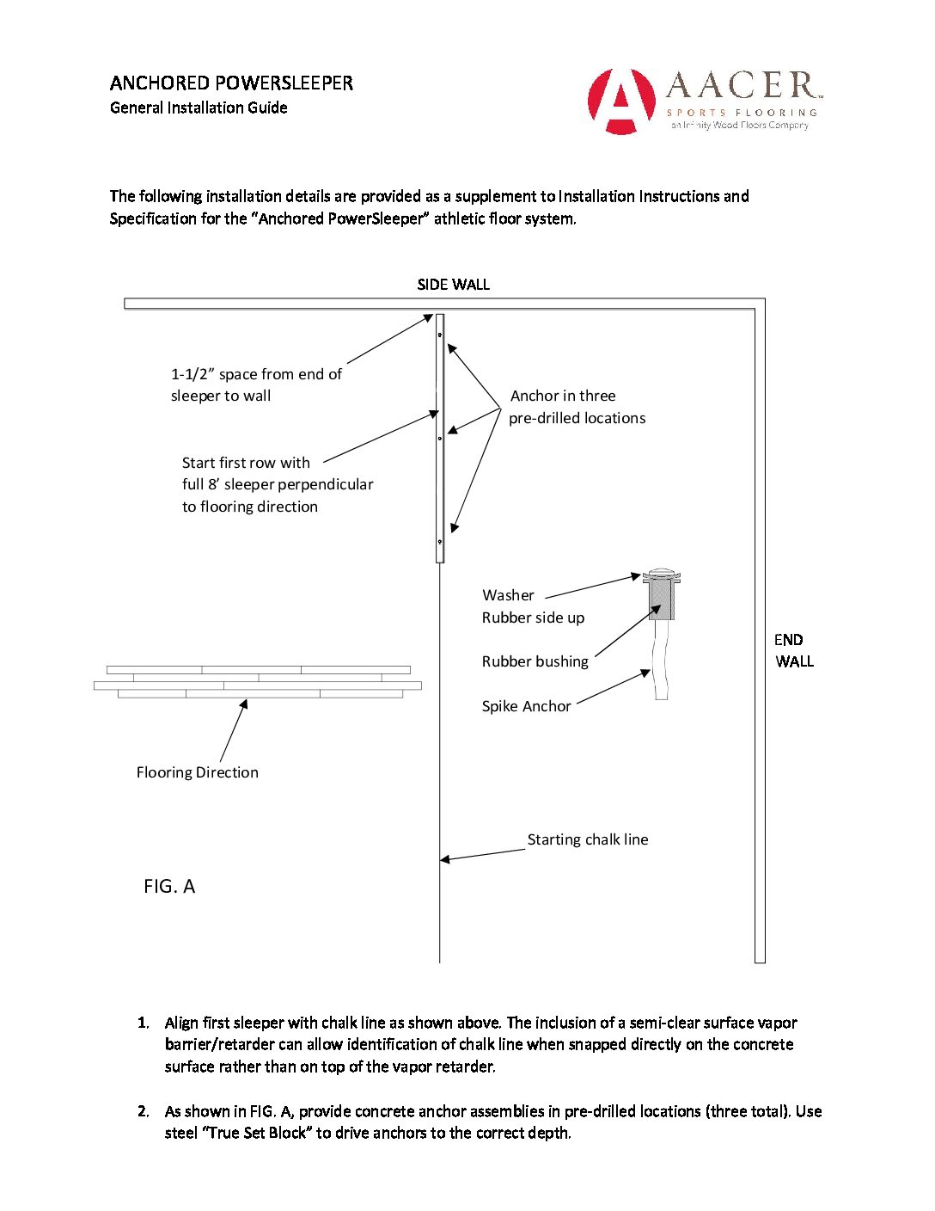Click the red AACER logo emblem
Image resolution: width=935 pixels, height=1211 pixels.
(620, 101)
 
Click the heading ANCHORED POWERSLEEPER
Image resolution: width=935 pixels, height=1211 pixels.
(231, 83)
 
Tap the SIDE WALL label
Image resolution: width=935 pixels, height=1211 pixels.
(453, 285)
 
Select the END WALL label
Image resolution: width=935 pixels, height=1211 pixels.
(792, 650)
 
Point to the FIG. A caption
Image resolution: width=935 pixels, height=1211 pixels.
(169, 887)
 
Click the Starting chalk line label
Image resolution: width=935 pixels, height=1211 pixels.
(588, 839)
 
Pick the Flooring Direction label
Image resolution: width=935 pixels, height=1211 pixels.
(197, 772)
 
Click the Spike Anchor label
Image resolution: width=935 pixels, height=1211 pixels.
(526, 706)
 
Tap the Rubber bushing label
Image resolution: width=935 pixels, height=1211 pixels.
(535, 661)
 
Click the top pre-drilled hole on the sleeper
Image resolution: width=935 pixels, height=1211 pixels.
(439, 335)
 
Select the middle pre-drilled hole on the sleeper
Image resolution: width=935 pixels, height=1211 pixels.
(440, 438)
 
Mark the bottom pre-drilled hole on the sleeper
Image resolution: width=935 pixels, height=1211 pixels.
(440, 542)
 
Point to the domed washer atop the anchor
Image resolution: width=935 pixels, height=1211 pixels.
(661, 575)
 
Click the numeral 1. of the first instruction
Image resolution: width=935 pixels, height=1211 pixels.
(143, 1023)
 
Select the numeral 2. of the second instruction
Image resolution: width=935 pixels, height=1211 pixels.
(143, 1111)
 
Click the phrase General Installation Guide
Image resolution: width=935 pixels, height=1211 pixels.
(199, 108)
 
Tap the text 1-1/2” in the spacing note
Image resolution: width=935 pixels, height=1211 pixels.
(192, 374)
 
